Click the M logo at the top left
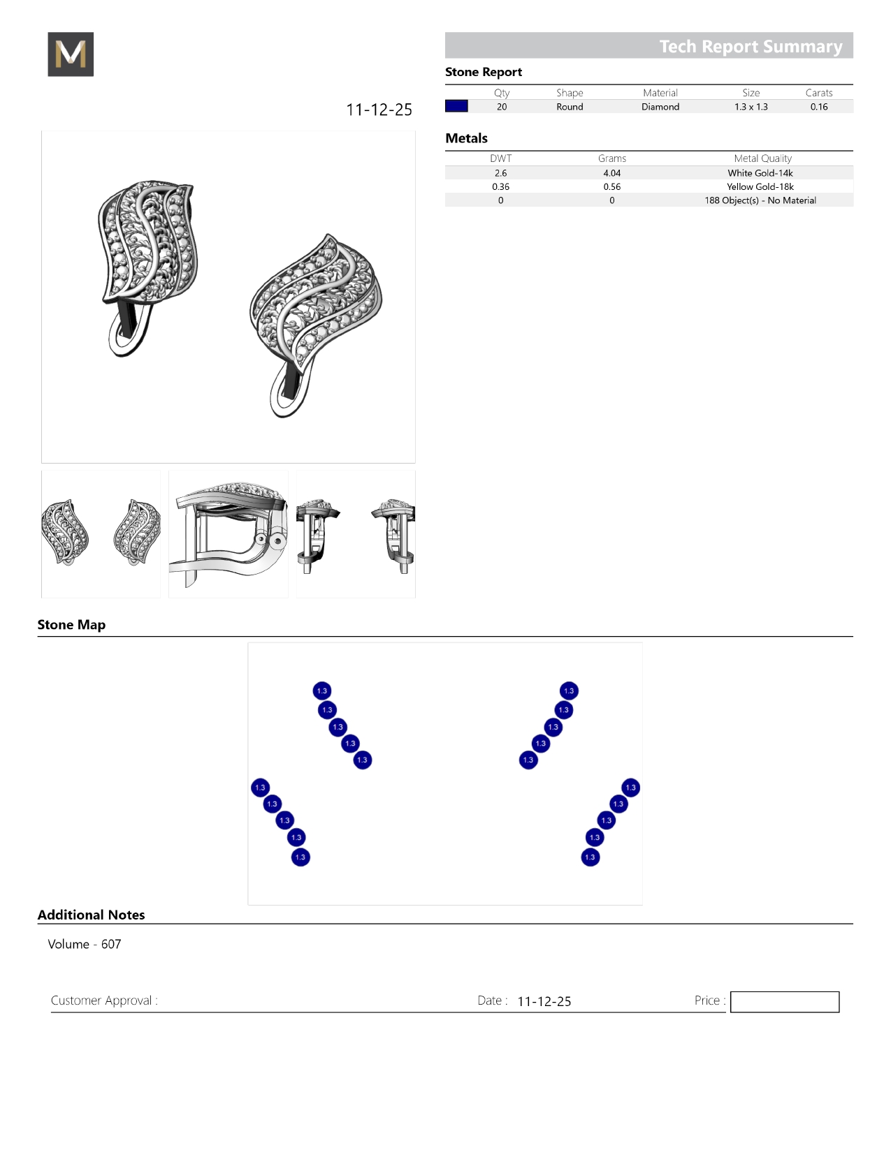pyautogui.click(x=71, y=54)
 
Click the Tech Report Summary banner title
pyautogui.click(x=751, y=46)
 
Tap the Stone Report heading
pyautogui.click(x=484, y=72)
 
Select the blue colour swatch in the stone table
pyautogui.click(x=456, y=106)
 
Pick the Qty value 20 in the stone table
pyautogui.click(x=502, y=107)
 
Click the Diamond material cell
pyautogui.click(x=660, y=107)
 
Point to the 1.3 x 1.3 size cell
pyautogui.click(x=751, y=107)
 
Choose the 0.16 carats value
pyautogui.click(x=819, y=107)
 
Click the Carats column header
pyautogui.click(x=819, y=93)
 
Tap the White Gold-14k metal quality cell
pyautogui.click(x=760, y=173)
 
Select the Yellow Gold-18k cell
pyautogui.click(x=760, y=186)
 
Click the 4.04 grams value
pyautogui.click(x=612, y=173)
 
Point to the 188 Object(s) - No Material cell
pyautogui.click(x=760, y=200)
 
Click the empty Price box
pyautogui.click(x=785, y=1002)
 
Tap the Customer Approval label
pyautogui.click(x=104, y=1000)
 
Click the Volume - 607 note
pyautogui.click(x=85, y=944)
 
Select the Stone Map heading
pyautogui.click(x=71, y=625)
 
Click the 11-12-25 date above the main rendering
pyautogui.click(x=379, y=110)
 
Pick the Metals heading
pyautogui.click(x=466, y=138)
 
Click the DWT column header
pyautogui.click(x=500, y=158)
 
